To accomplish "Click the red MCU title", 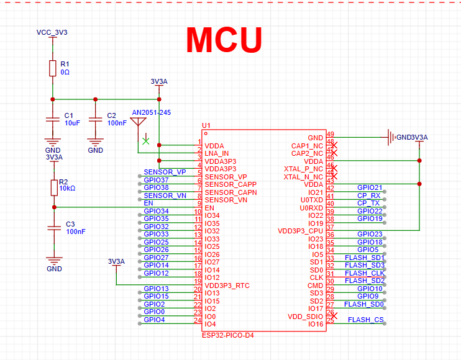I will pyautogui.click(x=224, y=39).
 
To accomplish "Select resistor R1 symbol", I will pyautogui.click(x=53, y=68).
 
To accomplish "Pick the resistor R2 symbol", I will pyautogui.click(x=54, y=187).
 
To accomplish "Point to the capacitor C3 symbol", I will pyautogui.click(x=54, y=228).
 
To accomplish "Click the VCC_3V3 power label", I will pyautogui.click(x=52, y=32).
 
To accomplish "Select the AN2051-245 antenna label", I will pyautogui.click(x=151, y=112).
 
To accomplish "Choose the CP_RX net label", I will pyautogui.click(x=368, y=195).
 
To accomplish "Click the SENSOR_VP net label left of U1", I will pyautogui.click(x=165, y=172).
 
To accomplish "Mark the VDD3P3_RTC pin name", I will pyautogui.click(x=227, y=286).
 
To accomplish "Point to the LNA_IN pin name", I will pyautogui.click(x=217, y=153).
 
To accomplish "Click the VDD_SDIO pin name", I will pyautogui.click(x=305, y=317).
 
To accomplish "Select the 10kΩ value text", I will pyautogui.click(x=67, y=188).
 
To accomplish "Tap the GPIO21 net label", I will pyautogui.click(x=370, y=187).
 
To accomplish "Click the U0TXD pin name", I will pyautogui.click(x=311, y=200).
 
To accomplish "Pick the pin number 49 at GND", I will pyautogui.click(x=331, y=134).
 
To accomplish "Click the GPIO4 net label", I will pyautogui.click(x=154, y=320).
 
